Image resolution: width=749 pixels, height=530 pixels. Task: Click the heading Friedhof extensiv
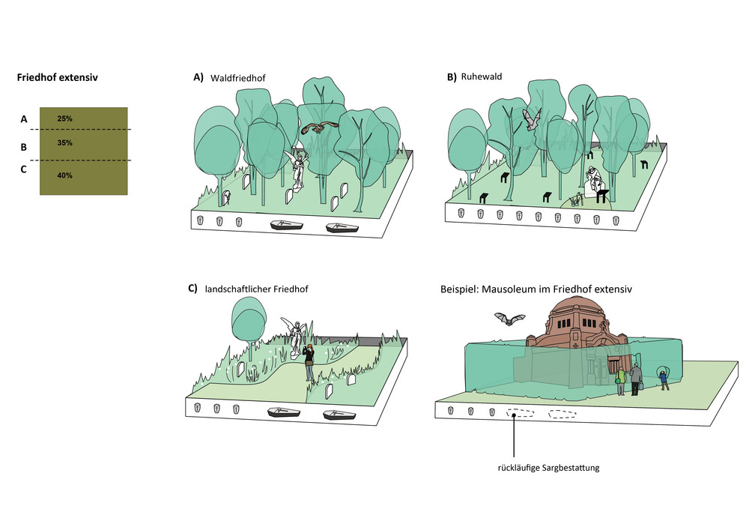(58, 77)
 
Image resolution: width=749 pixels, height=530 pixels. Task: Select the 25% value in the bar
(64, 118)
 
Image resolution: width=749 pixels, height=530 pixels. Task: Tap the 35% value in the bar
(64, 142)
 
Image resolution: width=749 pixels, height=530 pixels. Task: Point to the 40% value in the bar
(64, 175)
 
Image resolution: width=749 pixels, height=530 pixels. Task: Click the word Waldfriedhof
(238, 78)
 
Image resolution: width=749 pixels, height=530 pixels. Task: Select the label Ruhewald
(482, 76)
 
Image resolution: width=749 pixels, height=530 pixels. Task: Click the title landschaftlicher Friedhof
(256, 289)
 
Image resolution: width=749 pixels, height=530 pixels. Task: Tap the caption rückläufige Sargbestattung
(548, 468)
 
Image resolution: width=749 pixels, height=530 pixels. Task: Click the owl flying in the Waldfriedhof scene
(320, 127)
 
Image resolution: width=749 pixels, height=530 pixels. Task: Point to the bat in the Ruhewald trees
(531, 119)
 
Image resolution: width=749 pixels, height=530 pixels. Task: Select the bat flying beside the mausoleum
(509, 319)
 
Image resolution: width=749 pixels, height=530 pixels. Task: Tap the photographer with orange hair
(309, 362)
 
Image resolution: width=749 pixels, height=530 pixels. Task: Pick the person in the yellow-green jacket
(620, 381)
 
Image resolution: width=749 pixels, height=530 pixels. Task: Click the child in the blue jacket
(664, 380)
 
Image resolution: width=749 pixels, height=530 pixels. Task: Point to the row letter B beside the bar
(23, 147)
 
